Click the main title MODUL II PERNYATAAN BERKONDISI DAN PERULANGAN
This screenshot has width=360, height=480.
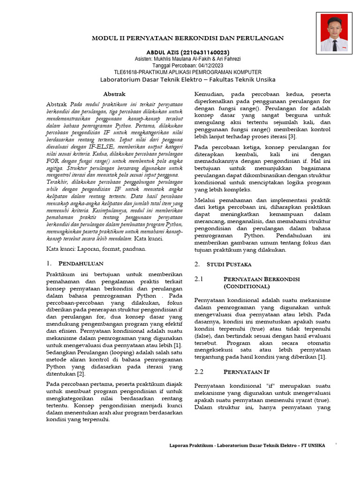click(187, 37)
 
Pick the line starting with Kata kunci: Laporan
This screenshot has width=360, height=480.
click(96, 248)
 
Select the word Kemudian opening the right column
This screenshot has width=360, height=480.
click(210, 94)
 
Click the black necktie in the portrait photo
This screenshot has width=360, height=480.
click(334, 45)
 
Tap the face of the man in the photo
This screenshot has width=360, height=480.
click(334, 27)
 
